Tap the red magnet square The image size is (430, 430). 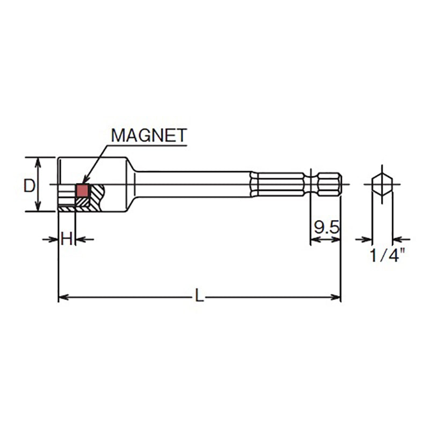pyautogui.click(x=82, y=190)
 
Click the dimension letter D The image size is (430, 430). pyautogui.click(x=30, y=185)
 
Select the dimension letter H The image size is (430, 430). pyautogui.click(x=66, y=239)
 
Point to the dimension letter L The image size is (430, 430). pyautogui.click(x=199, y=295)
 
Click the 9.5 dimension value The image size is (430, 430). pyautogui.click(x=327, y=227)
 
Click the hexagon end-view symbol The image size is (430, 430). pyautogui.click(x=382, y=185)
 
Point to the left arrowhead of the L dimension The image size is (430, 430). pyautogui.click(x=62, y=296)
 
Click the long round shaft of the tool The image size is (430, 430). pyautogui.click(x=193, y=185)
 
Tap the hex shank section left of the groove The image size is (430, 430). pyautogui.click(x=279, y=185)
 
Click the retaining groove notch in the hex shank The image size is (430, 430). pyautogui.click(x=312, y=185)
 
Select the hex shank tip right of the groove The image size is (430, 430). pyautogui.click(x=328, y=185)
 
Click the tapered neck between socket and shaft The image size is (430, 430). pyautogui.click(x=129, y=185)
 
